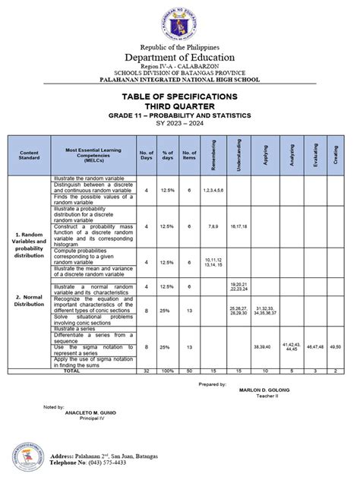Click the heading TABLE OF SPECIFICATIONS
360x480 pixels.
(x=180, y=96)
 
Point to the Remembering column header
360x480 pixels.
(x=215, y=154)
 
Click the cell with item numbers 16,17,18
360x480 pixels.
(x=240, y=226)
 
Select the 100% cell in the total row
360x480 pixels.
(x=168, y=372)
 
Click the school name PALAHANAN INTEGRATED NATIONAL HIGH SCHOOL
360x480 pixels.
(x=180, y=79)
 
